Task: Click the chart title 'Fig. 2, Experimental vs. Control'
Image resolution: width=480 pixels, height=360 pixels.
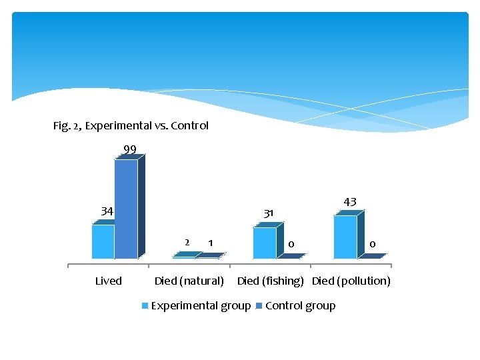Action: pos(131,125)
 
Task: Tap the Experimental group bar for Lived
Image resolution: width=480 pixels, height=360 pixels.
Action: pos(103,241)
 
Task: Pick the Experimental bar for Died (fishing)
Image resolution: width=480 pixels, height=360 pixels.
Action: pos(264,243)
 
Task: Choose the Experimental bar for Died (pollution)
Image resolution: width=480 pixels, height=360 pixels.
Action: pos(345,237)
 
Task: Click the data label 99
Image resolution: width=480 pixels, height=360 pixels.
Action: pos(130,149)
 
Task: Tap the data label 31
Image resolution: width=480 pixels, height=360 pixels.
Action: pos(269,213)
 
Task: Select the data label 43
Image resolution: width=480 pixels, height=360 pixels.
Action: pos(350,201)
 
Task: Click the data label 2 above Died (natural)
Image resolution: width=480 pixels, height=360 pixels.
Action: pos(187,242)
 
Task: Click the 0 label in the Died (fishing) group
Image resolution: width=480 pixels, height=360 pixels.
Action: pos(291,245)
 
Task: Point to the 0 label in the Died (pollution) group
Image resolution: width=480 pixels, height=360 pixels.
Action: pos(372,245)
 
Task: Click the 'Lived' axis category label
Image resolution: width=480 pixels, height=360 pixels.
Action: pos(108,281)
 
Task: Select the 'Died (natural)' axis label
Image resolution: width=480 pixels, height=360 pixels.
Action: pos(189,281)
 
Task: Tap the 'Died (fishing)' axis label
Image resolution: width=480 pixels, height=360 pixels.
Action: pos(271,281)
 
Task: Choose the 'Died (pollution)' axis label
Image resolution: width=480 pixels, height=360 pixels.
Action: pos(351,281)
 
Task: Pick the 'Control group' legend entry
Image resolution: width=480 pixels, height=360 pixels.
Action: pos(300,306)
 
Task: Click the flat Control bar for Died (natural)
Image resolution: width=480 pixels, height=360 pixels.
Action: pos(212,255)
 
